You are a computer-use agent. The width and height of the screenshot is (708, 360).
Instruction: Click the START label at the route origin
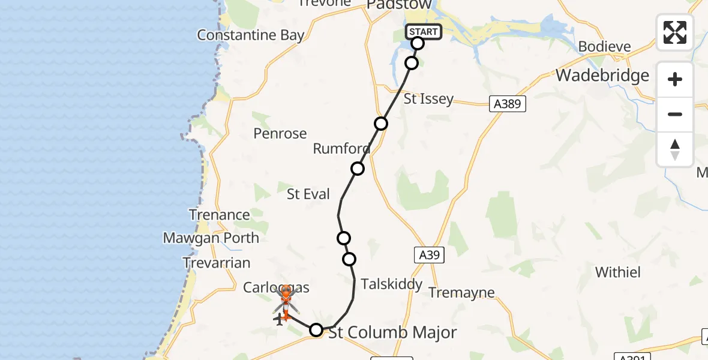coord(424,32)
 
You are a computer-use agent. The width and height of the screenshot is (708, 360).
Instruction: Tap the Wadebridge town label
coord(602,75)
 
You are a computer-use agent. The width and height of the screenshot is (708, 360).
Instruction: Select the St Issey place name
coord(428,99)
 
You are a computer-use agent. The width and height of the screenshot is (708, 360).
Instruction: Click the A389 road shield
coord(507,104)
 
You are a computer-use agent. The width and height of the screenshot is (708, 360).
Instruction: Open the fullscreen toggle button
coord(675,32)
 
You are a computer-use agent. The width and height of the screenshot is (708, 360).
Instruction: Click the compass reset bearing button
coord(675,149)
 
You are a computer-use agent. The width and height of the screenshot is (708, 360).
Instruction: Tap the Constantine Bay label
coord(251,35)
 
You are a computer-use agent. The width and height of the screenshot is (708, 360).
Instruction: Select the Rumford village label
coord(341,148)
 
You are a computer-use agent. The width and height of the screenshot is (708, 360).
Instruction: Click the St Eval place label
coord(308,194)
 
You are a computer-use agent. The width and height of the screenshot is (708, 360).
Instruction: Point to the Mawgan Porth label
coord(211,238)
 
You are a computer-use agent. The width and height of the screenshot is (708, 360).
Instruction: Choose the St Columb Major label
coord(392,332)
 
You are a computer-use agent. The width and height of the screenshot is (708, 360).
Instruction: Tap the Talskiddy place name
coord(392,284)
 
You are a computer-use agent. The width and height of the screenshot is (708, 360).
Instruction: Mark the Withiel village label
coord(618,272)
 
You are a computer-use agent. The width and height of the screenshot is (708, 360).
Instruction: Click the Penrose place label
coord(280,133)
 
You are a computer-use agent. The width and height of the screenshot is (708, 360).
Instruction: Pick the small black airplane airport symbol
coord(278,320)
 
